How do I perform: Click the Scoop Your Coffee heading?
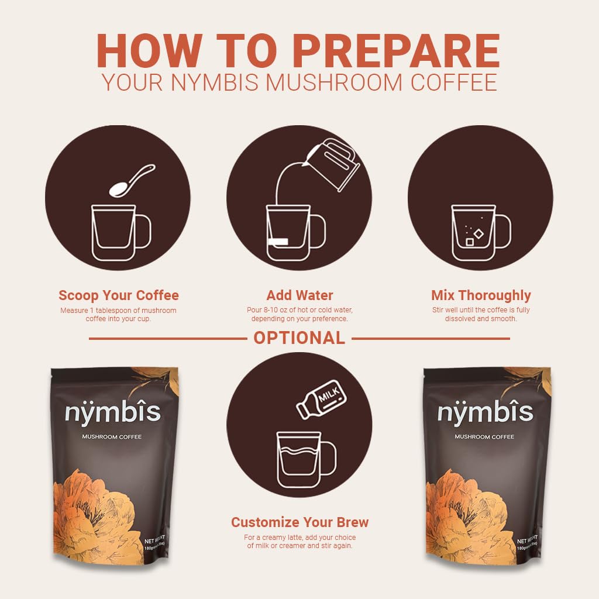[119, 295]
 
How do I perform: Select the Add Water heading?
[299, 295]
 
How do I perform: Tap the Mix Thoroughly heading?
[481, 295]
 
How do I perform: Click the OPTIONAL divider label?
[299, 338]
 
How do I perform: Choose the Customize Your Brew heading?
[299, 522]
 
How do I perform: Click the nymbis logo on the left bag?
[112, 413]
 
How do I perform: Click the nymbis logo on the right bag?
[485, 413]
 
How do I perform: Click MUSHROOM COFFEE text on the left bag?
[112, 437]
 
